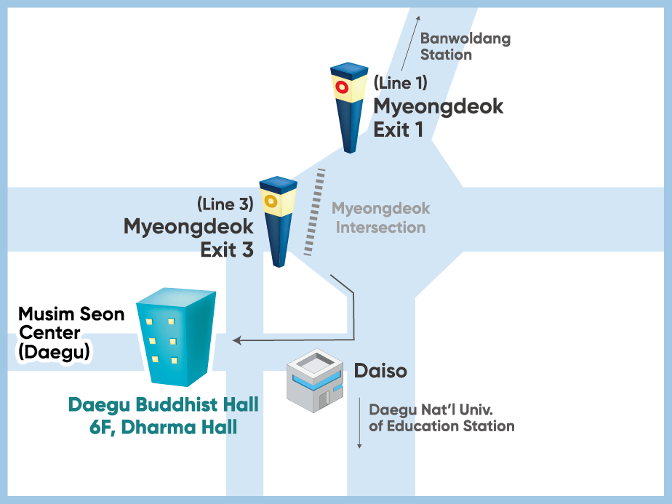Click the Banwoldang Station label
pos(465,47)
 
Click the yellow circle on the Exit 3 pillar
pos(269,200)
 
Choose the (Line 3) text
pos(225,204)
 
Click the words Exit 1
pos(398,130)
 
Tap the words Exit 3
pos(227,250)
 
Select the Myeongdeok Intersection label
pos(380,218)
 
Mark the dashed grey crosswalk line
pos(314,212)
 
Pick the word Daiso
pos(380,371)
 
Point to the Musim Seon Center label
pos(71,324)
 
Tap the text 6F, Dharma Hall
pos(163,427)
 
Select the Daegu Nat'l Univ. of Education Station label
pos(441,417)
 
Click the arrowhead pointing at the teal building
pos(236,340)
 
